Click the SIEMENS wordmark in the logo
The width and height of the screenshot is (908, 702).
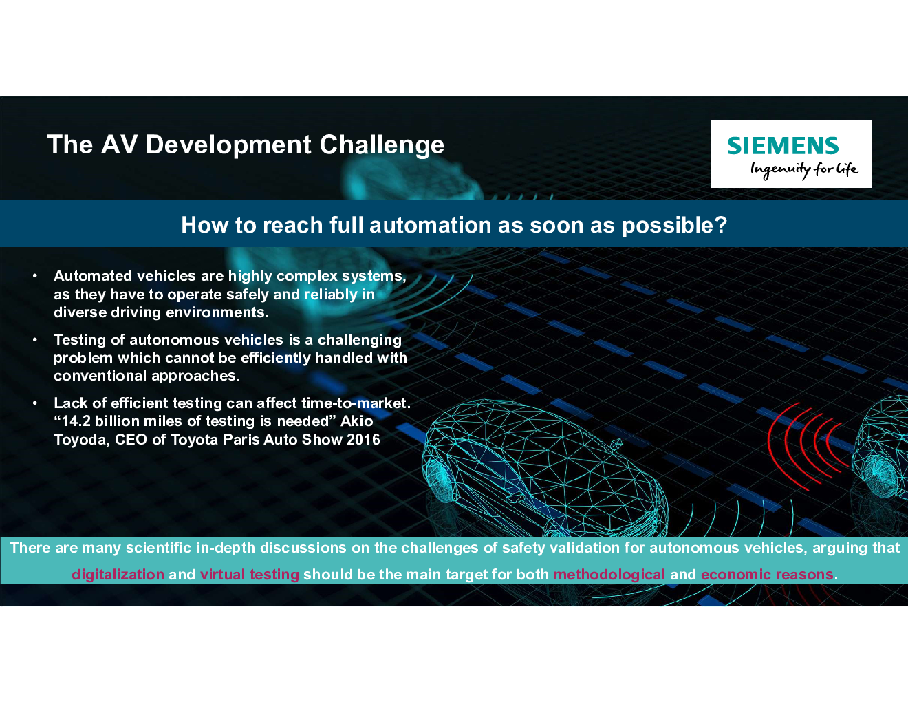click(783, 145)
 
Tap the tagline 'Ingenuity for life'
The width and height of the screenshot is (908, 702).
click(804, 169)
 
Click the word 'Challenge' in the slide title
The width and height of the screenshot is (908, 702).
click(382, 145)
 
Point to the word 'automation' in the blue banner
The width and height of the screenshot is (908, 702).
click(431, 225)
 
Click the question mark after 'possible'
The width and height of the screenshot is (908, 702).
click(721, 224)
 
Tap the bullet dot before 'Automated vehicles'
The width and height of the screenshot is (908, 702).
click(35, 276)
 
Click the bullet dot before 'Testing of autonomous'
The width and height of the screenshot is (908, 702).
click(35, 340)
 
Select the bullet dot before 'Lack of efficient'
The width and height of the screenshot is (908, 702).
click(35, 403)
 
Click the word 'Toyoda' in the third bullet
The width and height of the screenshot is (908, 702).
click(81, 440)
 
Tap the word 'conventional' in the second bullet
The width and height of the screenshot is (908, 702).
click(100, 376)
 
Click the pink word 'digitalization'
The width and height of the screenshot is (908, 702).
click(118, 575)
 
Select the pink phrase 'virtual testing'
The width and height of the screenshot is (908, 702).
click(250, 575)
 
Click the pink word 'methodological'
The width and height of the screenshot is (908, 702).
click(609, 575)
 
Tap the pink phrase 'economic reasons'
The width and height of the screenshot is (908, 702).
click(767, 575)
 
